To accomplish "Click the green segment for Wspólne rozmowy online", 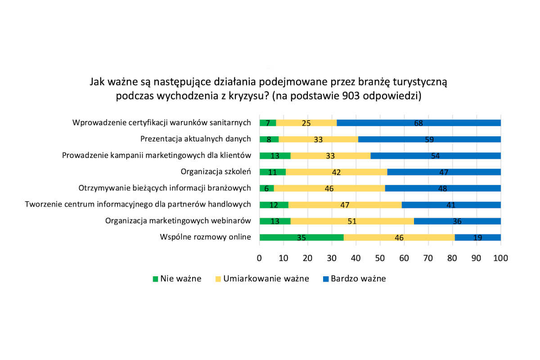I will click(x=301, y=237).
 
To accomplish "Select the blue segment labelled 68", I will click(x=418, y=123).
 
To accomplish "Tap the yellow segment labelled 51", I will click(x=352, y=221).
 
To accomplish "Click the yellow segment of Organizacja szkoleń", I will click(x=336, y=172).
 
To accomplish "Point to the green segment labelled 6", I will click(x=266, y=188).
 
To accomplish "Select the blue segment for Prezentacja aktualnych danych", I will click(x=429, y=139).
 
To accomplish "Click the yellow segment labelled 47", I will click(x=345, y=205).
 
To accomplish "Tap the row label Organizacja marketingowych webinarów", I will click(x=178, y=220).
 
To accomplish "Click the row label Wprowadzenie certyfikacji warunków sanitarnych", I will click(x=162, y=122).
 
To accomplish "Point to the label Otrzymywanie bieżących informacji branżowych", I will click(x=164, y=188).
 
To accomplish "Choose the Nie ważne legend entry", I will click(x=176, y=279).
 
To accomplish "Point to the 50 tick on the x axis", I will click(x=380, y=258).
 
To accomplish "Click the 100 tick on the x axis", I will click(x=500, y=258).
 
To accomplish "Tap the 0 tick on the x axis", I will click(x=260, y=258).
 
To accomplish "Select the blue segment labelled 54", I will click(x=436, y=156).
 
